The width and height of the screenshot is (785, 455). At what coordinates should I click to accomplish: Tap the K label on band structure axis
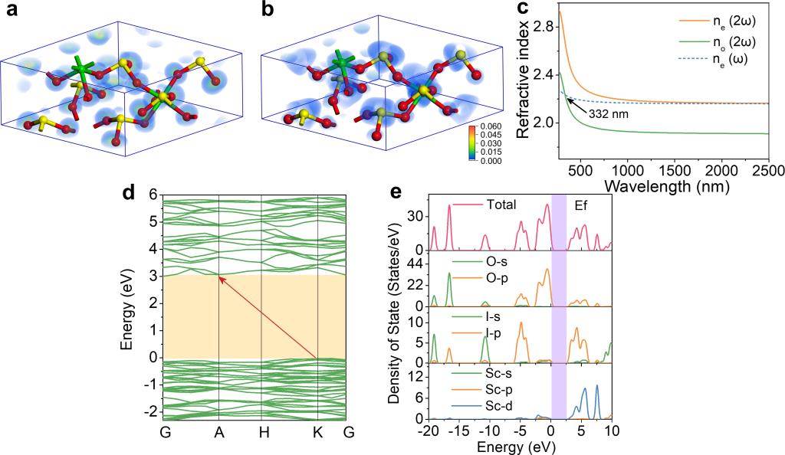317,433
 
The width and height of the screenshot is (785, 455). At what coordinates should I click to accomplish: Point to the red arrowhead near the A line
222,278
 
